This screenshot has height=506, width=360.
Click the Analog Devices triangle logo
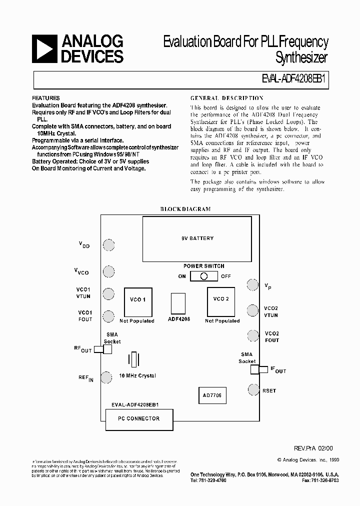[44, 48]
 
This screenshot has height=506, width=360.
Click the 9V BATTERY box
[197, 238]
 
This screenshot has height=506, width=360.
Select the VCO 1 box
[137, 300]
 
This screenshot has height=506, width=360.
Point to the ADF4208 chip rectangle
[178, 303]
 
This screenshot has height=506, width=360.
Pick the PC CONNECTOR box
[139, 418]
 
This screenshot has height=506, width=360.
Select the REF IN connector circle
[106, 377]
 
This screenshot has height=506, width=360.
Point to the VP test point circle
[252, 284]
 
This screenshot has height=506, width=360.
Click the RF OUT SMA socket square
[107, 349]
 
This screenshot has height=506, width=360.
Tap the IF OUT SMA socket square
[255, 369]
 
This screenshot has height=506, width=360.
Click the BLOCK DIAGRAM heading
[185, 209]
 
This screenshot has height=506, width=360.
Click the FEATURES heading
[45, 98]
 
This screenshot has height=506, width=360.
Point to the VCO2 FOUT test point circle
[252, 335]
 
